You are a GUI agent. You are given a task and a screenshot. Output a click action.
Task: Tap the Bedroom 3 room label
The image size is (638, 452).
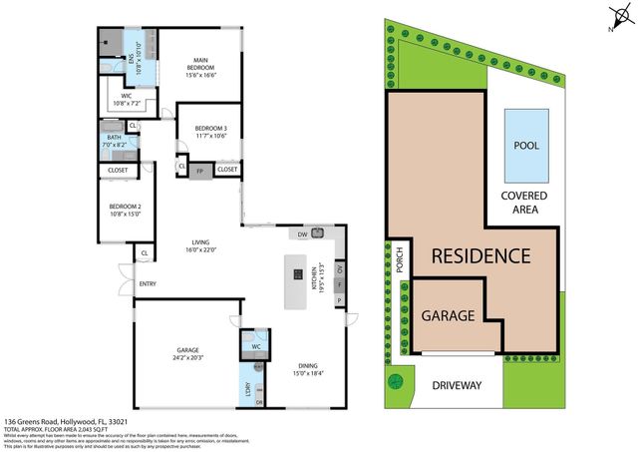210,132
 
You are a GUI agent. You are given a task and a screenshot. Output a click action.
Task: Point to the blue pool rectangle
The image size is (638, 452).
525,143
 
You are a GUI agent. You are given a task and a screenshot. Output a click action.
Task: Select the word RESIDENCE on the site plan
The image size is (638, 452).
480,255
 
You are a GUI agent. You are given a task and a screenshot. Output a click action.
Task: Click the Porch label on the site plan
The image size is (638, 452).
398,261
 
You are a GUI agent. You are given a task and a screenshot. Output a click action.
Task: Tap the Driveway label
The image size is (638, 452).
458,385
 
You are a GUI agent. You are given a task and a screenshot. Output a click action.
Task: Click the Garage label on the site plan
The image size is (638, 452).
447,315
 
